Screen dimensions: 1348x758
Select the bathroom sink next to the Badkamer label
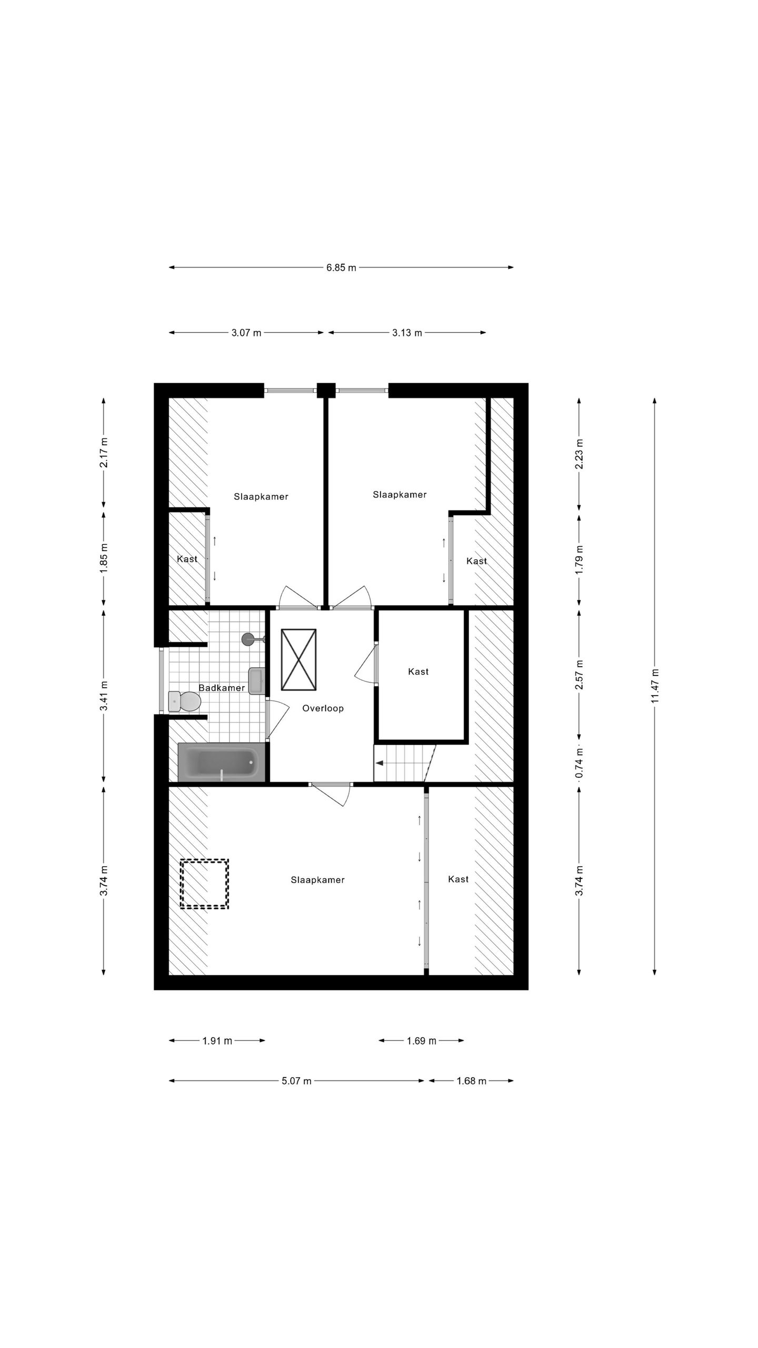tap(257, 681)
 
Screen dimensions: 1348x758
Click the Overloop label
tap(323, 708)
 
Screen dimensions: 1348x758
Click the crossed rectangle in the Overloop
tap(298, 659)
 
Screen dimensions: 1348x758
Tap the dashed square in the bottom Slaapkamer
tap(204, 884)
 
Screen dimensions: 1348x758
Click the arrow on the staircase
tap(379, 762)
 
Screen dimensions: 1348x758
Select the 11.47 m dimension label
tap(654, 685)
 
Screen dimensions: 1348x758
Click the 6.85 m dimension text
tap(341, 267)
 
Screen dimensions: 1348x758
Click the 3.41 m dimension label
tap(104, 695)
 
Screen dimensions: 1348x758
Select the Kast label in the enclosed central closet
tap(418, 671)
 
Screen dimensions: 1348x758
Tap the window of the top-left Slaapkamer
tap(290, 390)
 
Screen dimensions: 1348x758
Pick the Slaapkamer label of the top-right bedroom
tap(400, 494)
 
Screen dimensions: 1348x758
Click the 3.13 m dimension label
tap(407, 333)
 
